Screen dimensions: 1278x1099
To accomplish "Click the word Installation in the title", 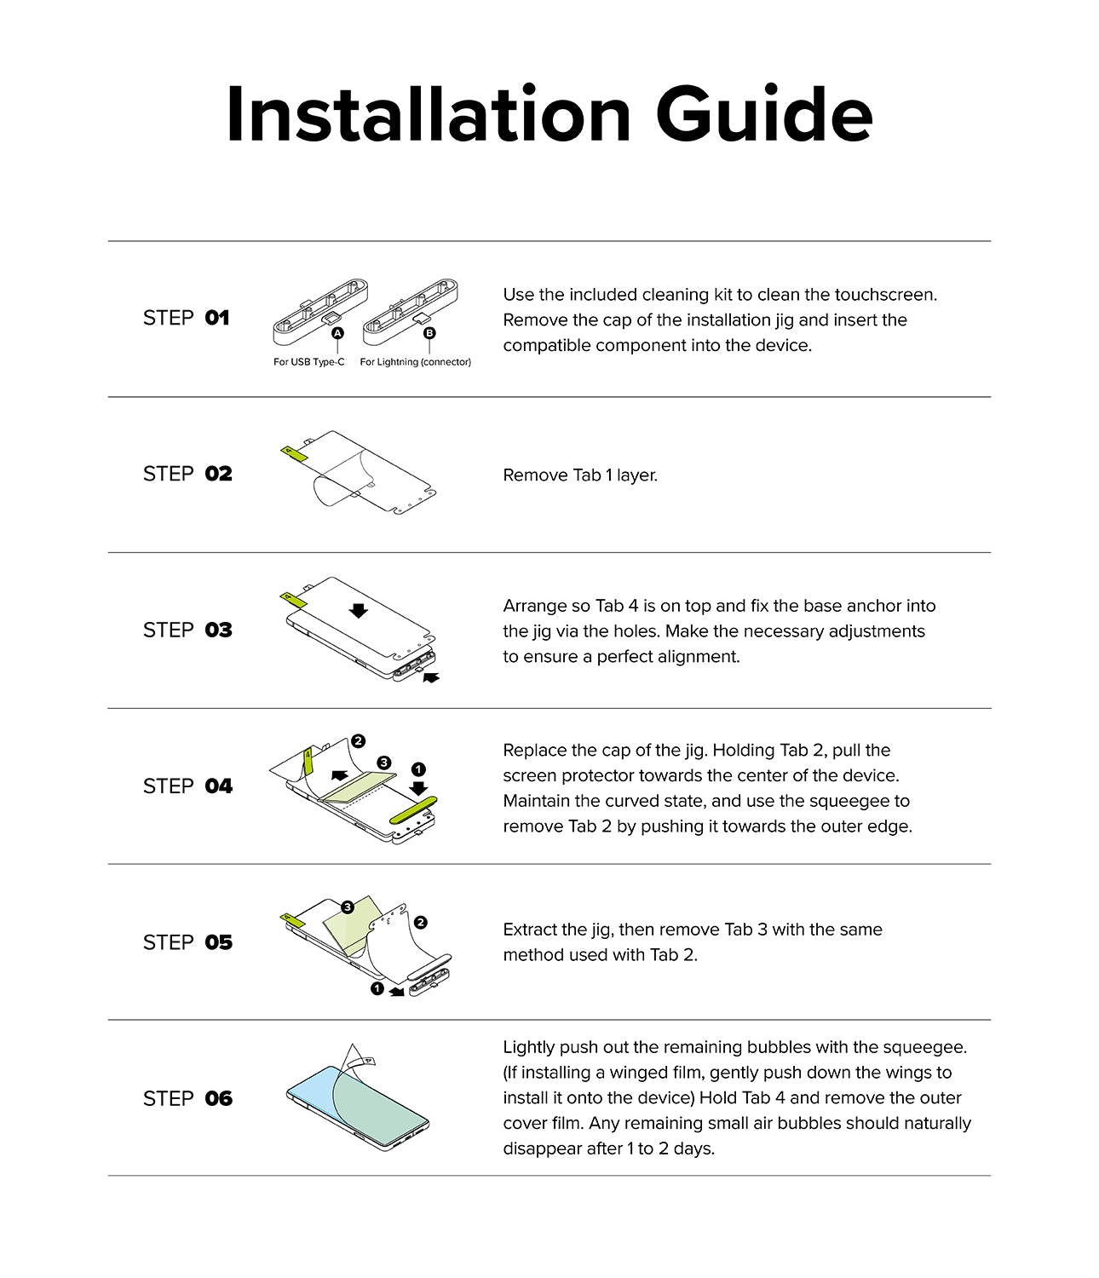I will [429, 115].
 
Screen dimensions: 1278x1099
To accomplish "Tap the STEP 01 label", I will [187, 318].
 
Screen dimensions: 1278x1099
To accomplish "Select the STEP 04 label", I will [187, 786].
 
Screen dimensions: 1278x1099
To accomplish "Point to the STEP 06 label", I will [187, 1098].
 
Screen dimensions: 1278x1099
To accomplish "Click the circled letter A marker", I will [338, 333].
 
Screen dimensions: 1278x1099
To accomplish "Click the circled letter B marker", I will [429, 333].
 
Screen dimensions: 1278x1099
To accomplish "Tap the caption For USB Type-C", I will [309, 362].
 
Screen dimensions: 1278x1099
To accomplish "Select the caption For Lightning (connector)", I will [415, 362].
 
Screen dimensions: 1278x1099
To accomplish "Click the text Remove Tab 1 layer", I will [580, 475].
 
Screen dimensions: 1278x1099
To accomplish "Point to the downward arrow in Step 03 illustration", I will [359, 610].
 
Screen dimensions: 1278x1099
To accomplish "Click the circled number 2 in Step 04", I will [358, 741].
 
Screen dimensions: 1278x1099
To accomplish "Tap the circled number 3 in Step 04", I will [384, 763].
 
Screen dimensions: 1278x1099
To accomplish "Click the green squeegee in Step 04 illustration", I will [413, 809].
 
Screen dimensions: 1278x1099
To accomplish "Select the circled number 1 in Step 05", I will [377, 988].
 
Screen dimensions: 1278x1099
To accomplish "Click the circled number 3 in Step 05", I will [347, 907].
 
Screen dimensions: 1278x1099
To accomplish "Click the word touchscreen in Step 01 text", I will [884, 295].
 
